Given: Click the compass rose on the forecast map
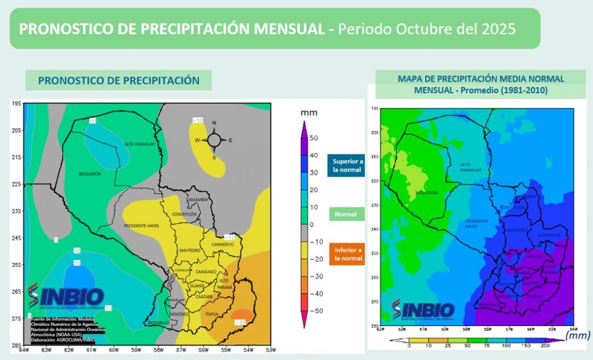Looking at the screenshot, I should coord(214,139).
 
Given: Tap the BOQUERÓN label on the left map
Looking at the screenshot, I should coord(90,174).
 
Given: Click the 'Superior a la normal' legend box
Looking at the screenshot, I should coord(346,166).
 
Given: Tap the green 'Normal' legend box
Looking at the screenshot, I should coord(346,214).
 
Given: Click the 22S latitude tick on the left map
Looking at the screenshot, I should coord(17,184).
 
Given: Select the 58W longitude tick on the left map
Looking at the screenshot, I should coord(158,349).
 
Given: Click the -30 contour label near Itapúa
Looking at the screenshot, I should coord(241,322).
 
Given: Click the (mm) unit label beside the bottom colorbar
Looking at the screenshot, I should coord(577,335).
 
